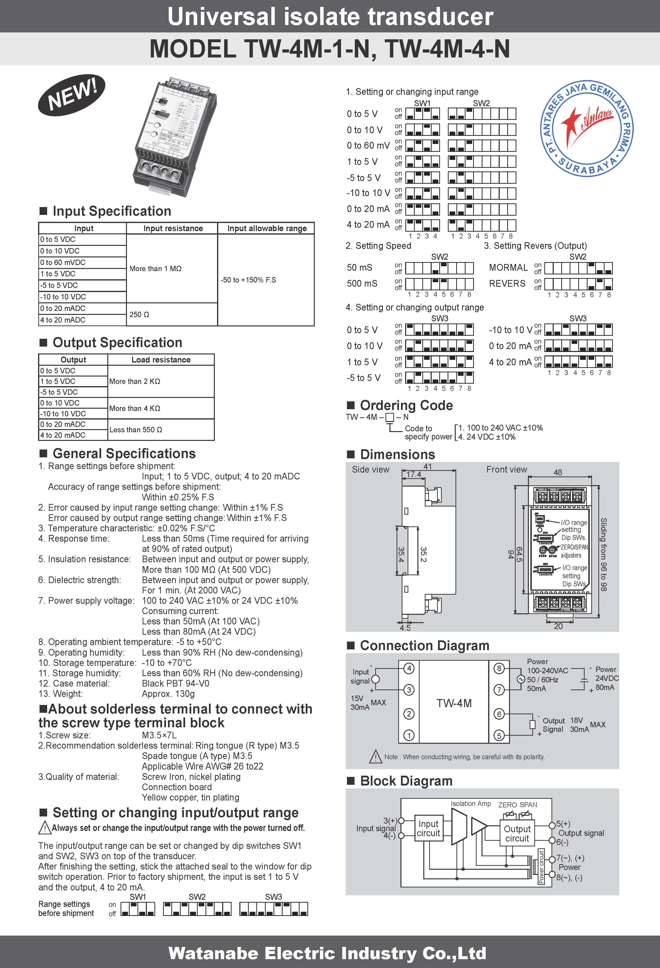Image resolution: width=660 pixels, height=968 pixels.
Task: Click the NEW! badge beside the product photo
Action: click(72, 95)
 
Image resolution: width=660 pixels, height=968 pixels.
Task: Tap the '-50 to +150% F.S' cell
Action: click(248, 280)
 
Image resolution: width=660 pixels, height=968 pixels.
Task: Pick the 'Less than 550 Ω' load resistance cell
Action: click(136, 429)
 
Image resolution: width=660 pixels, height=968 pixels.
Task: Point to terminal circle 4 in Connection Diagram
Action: click(409, 669)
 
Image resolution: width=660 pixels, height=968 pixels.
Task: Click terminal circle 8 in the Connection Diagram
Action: click(499, 669)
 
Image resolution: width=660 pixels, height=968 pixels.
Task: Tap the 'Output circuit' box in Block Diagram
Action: click(517, 833)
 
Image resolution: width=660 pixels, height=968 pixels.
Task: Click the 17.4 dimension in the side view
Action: click(413, 474)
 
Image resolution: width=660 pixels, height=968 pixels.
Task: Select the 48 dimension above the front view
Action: click(558, 472)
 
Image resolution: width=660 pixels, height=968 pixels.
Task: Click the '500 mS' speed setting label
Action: click(362, 284)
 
